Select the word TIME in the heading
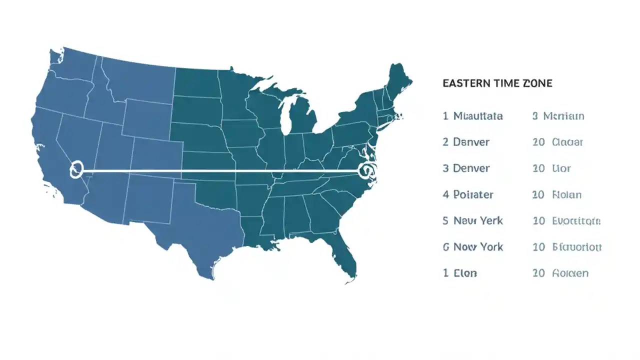[x=505, y=83]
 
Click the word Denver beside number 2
[x=471, y=142]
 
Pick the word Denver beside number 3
[x=471, y=168]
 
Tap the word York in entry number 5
[x=490, y=220]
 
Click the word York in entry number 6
[x=491, y=247]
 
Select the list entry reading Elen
[x=465, y=273]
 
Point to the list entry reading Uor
[x=561, y=168]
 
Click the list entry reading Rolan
[x=566, y=194]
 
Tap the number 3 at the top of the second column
[x=535, y=116]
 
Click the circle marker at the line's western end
[x=76, y=169]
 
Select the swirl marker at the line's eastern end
[x=366, y=170]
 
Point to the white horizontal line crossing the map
[x=220, y=171]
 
